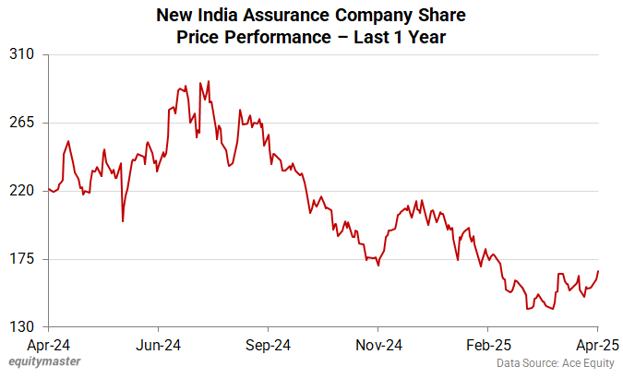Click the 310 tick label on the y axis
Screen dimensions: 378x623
coord(22,54)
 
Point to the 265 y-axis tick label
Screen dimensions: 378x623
coord(22,123)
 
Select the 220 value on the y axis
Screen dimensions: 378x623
coord(22,191)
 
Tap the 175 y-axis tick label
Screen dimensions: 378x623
coord(22,259)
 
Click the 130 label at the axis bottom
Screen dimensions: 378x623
coord(22,327)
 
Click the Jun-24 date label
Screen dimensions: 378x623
coord(158,345)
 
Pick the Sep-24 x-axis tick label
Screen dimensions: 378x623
coord(268,345)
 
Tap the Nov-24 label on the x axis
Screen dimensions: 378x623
coord(377,345)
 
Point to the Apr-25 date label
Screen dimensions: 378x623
coord(597,345)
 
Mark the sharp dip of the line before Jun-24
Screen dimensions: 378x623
coord(123,220)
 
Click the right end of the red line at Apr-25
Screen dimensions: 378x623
coord(598,271)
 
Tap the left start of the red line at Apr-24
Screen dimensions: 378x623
coord(47,189)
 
